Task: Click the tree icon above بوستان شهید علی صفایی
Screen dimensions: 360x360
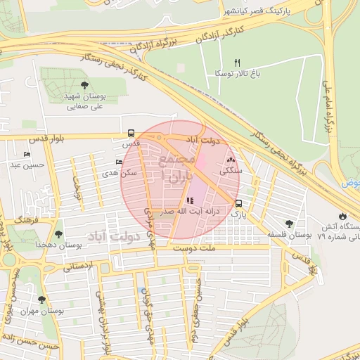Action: (x=84, y=85)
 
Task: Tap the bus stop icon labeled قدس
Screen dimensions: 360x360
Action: (x=131, y=133)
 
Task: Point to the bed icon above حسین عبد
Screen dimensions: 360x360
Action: (x=27, y=155)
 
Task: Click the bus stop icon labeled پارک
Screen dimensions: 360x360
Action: (x=239, y=203)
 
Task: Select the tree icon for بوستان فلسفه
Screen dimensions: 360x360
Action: (x=289, y=224)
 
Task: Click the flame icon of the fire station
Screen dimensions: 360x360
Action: (x=342, y=216)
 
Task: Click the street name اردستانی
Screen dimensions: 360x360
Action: (x=79, y=266)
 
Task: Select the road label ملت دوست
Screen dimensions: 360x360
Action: (x=216, y=247)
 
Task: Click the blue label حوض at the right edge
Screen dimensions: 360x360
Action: (x=351, y=183)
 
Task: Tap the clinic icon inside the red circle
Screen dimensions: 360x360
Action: (x=190, y=201)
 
